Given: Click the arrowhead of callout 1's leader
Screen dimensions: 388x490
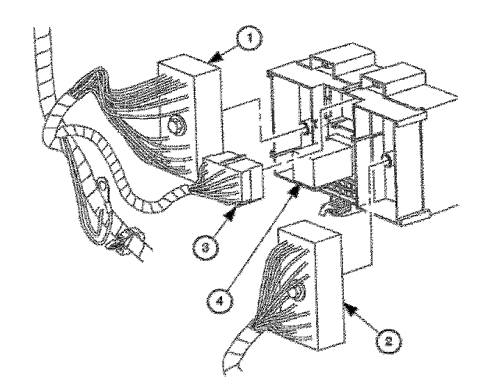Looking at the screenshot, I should (x=214, y=62).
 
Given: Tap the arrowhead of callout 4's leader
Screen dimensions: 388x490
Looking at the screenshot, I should (x=300, y=184).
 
